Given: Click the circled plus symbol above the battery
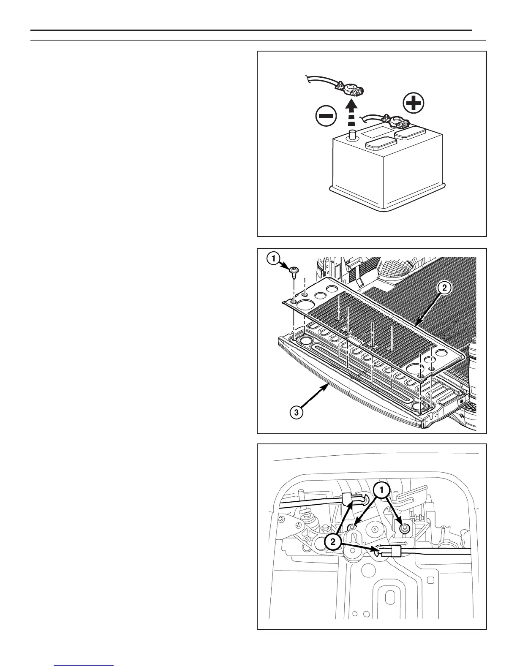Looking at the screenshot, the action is click(414, 103).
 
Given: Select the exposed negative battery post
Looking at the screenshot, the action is click(351, 136).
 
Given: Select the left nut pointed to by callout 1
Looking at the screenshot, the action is click(352, 528).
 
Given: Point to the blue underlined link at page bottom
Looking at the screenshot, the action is click(84, 666).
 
